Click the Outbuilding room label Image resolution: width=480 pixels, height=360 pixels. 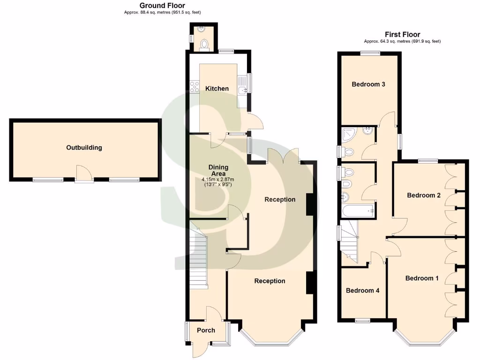click(x=84, y=148)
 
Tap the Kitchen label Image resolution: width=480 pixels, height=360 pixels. click(x=217, y=89)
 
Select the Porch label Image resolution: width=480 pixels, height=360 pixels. click(x=206, y=330)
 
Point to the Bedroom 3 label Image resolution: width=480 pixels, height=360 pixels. click(x=368, y=85)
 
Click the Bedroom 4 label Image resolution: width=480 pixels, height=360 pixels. click(x=362, y=291)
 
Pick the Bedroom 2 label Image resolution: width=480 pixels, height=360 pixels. click(x=423, y=195)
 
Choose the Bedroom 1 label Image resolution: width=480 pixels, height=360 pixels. click(x=422, y=278)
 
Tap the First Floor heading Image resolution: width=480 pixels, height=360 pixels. click(x=402, y=35)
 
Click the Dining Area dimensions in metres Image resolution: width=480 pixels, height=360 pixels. click(x=218, y=180)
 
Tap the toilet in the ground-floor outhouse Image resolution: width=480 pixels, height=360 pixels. click(x=204, y=45)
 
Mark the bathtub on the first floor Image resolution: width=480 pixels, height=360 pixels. click(x=358, y=212)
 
